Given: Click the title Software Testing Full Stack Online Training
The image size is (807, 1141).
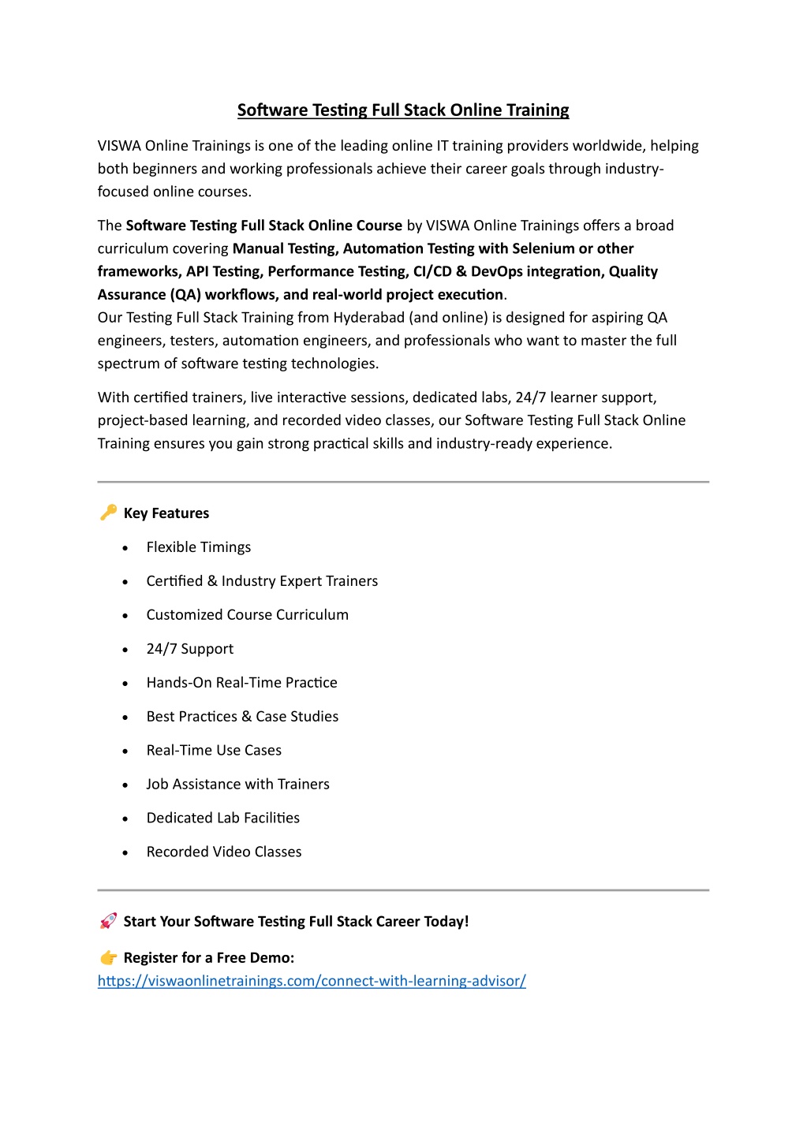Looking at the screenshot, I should click(x=403, y=110).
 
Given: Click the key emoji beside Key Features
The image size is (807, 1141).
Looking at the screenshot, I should click(x=108, y=513).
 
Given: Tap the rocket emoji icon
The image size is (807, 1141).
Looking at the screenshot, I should click(x=108, y=921).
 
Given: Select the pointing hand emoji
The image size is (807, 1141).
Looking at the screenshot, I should click(x=108, y=957).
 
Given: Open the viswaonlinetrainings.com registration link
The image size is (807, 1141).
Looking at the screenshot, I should click(x=312, y=981).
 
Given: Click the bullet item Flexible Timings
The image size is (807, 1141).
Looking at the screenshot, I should click(x=198, y=547).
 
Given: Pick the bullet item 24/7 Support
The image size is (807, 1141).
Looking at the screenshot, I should click(x=189, y=649).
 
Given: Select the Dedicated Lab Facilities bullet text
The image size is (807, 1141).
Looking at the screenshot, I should click(x=222, y=818).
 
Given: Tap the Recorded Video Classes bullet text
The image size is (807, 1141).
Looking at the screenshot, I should click(x=223, y=852).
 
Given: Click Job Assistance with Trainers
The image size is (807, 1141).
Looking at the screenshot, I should click(x=237, y=785).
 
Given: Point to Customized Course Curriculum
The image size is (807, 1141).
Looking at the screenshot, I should click(x=247, y=615).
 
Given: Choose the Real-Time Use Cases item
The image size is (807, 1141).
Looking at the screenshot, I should click(x=214, y=751).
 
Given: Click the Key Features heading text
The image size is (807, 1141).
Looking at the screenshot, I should click(x=166, y=513).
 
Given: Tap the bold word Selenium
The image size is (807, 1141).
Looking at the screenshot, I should click(x=543, y=248).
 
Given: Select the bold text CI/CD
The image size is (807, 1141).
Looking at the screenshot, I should click(x=432, y=271).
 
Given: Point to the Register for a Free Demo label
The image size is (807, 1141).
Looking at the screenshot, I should click(x=208, y=958).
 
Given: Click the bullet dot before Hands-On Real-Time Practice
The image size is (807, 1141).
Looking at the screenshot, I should click(x=125, y=684).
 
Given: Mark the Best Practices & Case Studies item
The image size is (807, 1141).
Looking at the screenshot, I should click(x=242, y=717).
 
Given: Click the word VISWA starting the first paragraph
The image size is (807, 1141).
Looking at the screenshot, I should click(x=119, y=146).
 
